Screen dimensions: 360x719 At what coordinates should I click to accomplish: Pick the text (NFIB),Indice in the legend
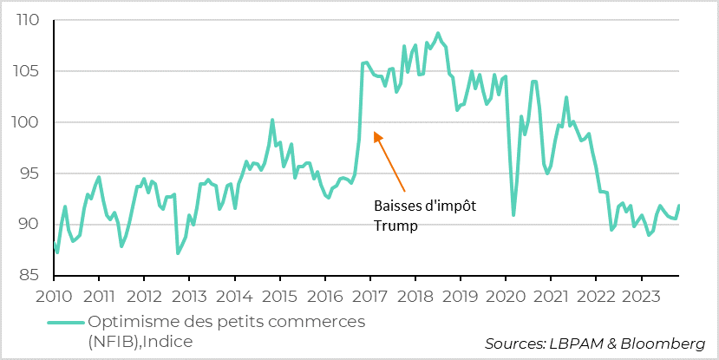(x=140, y=342)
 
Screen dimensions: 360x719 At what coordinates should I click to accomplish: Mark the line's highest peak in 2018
(x=437, y=33)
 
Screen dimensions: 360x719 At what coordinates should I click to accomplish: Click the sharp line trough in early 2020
(x=513, y=214)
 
